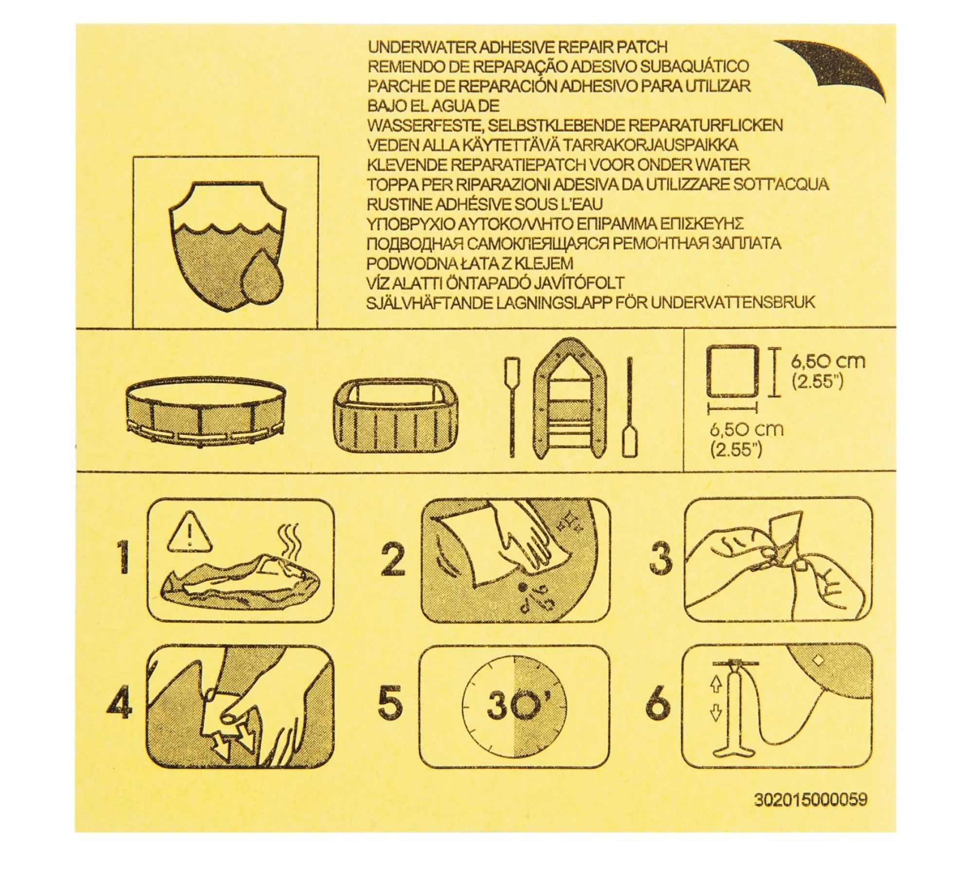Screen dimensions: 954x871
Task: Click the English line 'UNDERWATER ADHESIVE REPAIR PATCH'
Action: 517,47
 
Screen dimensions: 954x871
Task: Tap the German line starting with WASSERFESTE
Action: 575,126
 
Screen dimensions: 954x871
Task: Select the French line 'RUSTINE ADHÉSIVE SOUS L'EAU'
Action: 485,204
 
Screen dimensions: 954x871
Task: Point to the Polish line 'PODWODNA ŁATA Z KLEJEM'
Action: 470,263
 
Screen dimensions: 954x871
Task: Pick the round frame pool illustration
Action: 206,412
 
